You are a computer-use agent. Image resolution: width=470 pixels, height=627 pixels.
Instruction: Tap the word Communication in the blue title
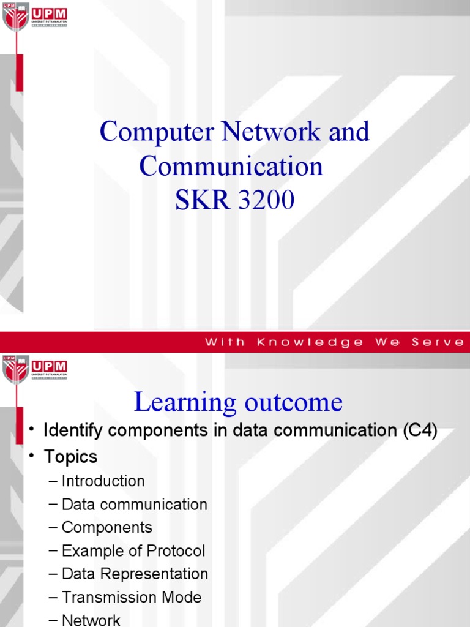coord(231,167)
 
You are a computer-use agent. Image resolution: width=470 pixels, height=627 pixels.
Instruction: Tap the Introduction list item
coord(103,481)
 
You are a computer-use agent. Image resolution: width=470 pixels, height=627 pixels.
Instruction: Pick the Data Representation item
coord(135,574)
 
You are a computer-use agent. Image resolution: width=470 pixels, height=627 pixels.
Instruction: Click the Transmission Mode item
coord(132,597)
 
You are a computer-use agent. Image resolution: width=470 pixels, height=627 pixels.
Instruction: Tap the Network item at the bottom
coord(91,620)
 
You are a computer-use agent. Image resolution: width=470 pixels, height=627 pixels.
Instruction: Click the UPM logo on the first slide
coord(35,19)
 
